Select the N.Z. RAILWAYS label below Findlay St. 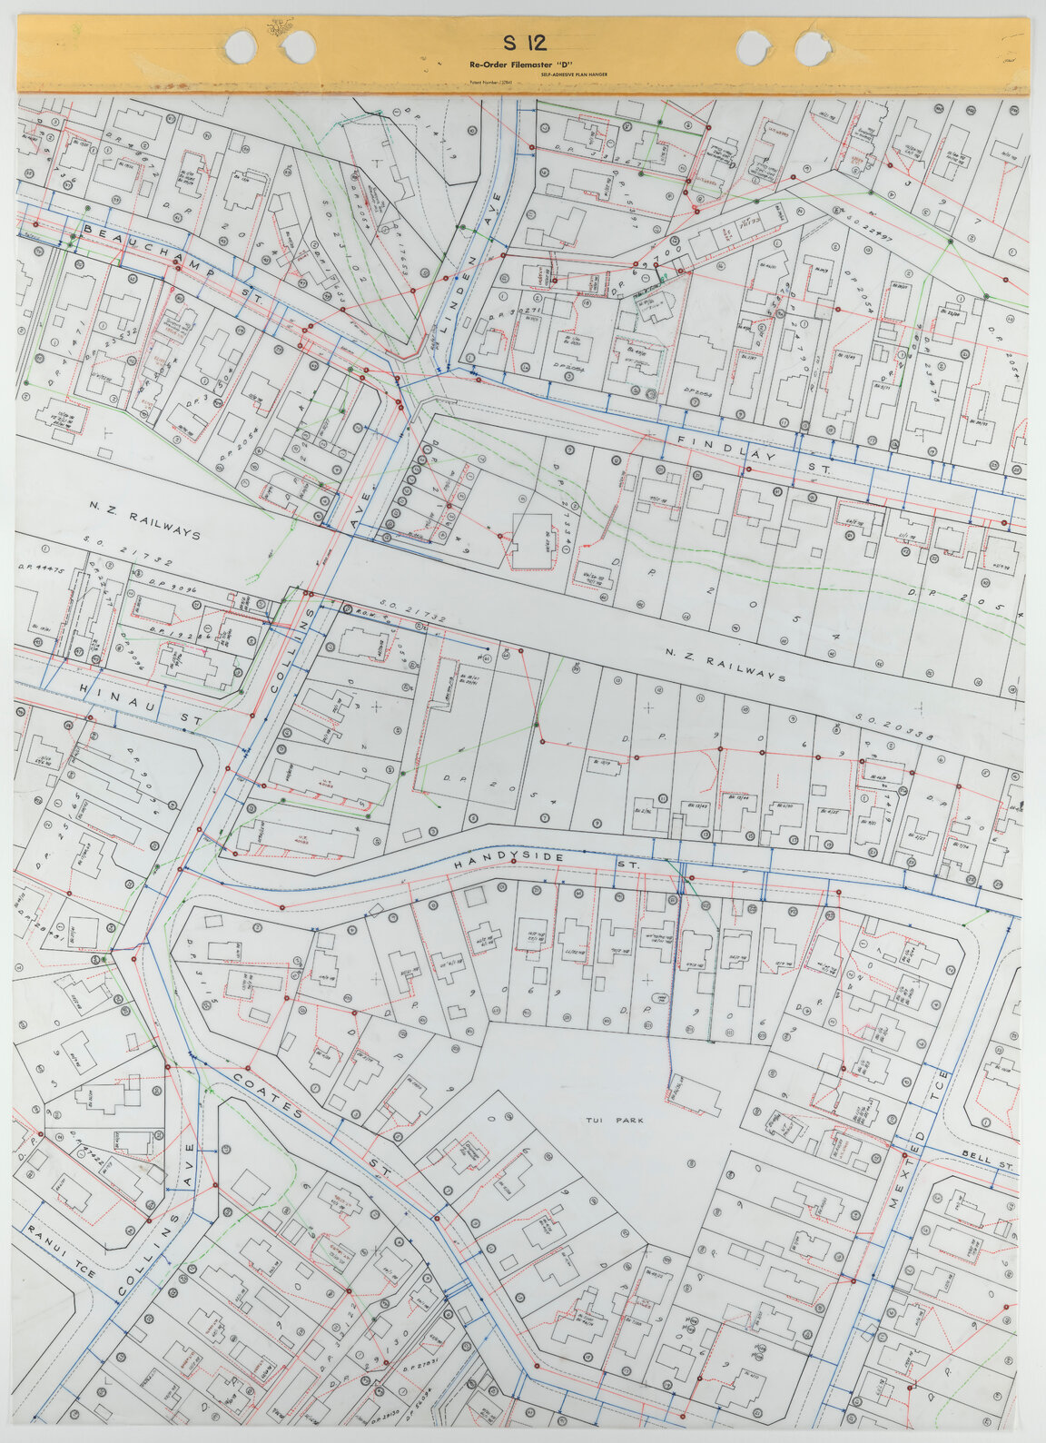tap(724, 666)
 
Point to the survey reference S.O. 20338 tap(895, 727)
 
